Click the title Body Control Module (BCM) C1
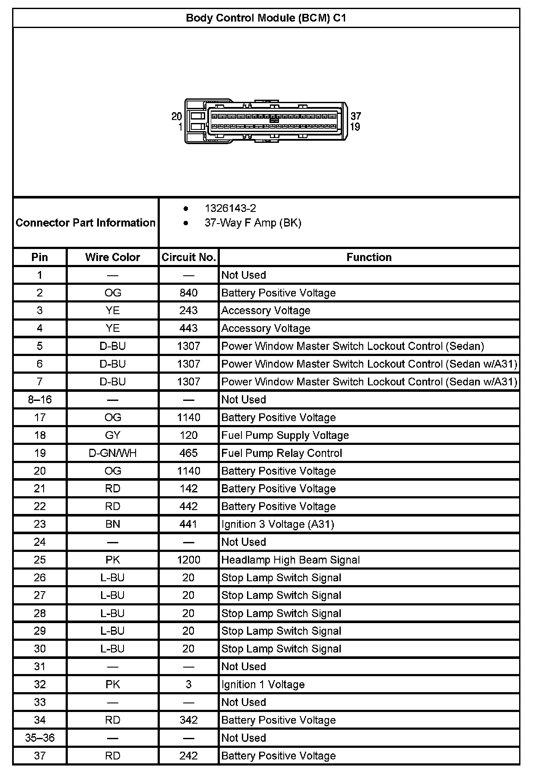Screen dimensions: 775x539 pos(266,18)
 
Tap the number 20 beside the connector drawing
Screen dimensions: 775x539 pos(177,116)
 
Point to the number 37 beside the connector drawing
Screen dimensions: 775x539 pos(355,116)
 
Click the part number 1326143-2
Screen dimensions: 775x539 pos(230,208)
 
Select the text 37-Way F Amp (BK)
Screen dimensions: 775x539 pos(253,223)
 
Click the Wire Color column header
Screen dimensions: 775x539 pos(113,257)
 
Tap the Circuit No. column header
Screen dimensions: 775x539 pos(189,257)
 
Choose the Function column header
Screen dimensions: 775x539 pos(369,257)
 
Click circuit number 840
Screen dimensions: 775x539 pos(189,293)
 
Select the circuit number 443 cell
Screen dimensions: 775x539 pos(189,328)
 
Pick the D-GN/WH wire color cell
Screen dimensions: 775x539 pos(113,453)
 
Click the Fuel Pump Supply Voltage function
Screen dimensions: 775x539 pos(285,435)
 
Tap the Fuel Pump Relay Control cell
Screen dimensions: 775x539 pos(282,453)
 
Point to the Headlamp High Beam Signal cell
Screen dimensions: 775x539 pos(290,560)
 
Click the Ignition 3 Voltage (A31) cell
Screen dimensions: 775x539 pos(278,524)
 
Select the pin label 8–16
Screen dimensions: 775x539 pos(40,400)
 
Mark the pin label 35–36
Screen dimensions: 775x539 pos(40,738)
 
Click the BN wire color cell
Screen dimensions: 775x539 pos(113,524)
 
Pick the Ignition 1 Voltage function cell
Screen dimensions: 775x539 pos(263,684)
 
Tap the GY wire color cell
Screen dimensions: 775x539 pos(113,435)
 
